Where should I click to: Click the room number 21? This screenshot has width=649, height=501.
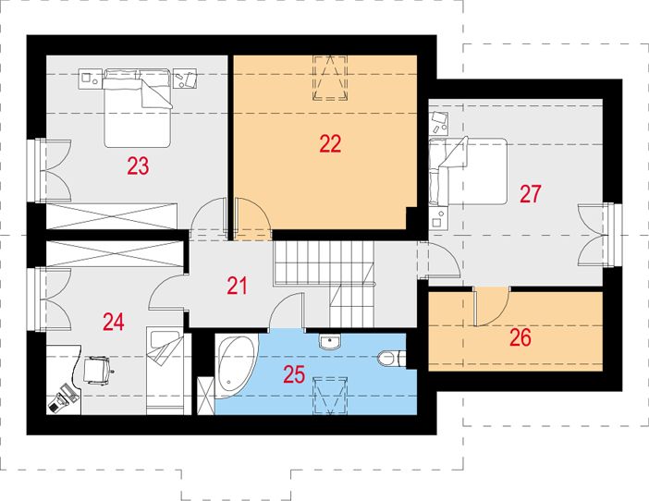(x=238, y=286)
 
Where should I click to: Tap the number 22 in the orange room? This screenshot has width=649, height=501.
(x=330, y=144)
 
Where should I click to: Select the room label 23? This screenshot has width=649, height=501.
(x=138, y=166)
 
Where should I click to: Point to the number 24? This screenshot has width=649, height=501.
(x=114, y=322)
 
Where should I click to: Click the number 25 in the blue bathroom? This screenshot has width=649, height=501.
(x=294, y=374)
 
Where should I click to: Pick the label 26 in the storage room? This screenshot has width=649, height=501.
(x=520, y=337)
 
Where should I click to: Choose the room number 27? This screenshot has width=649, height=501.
(x=531, y=194)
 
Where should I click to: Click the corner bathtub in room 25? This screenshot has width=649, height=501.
(x=235, y=367)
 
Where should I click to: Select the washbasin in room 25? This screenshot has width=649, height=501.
(x=330, y=341)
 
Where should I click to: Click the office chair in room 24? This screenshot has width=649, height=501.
(x=98, y=371)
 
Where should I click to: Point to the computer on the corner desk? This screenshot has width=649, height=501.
(x=63, y=398)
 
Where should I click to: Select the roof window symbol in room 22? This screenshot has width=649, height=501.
(x=330, y=78)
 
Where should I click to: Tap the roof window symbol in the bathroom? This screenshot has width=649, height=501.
(x=330, y=396)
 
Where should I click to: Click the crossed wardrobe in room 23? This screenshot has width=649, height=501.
(x=112, y=216)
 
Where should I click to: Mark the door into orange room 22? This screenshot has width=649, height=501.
(x=252, y=219)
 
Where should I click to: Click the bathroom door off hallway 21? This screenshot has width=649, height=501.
(x=286, y=312)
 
